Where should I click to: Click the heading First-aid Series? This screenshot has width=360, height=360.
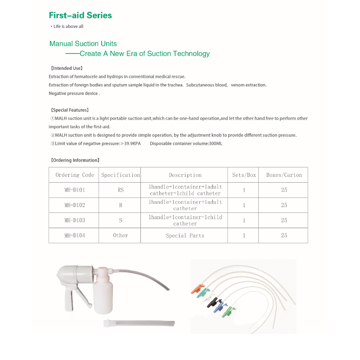pyautogui.click(x=80, y=15)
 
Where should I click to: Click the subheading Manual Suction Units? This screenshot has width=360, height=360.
pyautogui.click(x=83, y=44)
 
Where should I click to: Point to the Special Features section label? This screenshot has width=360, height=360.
pyautogui.click(x=69, y=110)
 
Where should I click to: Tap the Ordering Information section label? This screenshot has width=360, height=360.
pyautogui.click(x=74, y=160)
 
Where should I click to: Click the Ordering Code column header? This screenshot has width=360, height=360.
pyautogui.click(x=75, y=175)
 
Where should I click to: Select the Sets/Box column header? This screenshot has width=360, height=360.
pyautogui.click(x=244, y=175)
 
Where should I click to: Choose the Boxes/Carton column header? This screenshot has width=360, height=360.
pyautogui.click(x=284, y=175)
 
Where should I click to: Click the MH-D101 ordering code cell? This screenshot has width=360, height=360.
pyautogui.click(x=75, y=190)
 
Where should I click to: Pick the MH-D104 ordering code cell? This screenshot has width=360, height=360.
pyautogui.click(x=75, y=235)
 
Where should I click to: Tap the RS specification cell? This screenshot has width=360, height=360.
pyautogui.click(x=121, y=190)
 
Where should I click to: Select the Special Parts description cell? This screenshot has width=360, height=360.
pyautogui.click(x=185, y=235)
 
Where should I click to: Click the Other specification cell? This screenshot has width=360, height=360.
pyautogui.click(x=121, y=235)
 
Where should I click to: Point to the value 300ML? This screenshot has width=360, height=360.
pyautogui.click(x=215, y=144)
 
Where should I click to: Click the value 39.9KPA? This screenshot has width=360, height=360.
pyautogui.click(x=132, y=144)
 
